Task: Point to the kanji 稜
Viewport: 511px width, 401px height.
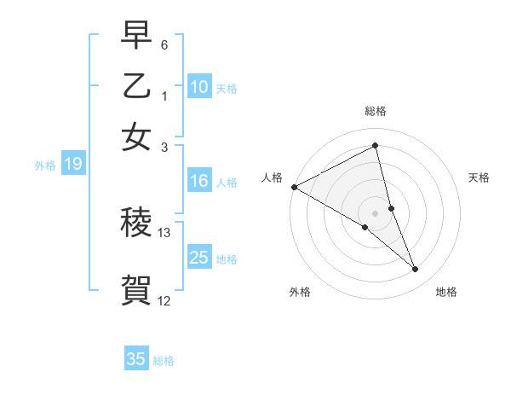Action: pos(136,224)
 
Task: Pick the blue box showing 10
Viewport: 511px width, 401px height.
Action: pos(199,87)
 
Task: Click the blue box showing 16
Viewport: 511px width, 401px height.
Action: pos(199,181)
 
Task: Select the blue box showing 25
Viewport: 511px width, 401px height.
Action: pos(199,258)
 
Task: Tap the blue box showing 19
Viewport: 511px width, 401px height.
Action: pos(73,165)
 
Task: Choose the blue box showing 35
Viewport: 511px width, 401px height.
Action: pos(136,359)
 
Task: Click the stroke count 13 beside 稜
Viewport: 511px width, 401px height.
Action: pos(164,232)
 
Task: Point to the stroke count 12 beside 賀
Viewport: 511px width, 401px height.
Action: pos(164,300)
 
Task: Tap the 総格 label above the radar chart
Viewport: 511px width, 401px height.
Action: pos(376,111)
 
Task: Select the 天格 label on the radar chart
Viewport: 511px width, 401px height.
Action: pos(479,177)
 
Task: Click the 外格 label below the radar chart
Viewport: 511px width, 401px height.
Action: pos(300,292)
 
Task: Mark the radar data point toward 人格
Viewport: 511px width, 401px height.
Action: pos(294,187)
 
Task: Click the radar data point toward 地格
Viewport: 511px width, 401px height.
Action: pos(416,270)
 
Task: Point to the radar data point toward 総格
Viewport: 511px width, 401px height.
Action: pos(376,146)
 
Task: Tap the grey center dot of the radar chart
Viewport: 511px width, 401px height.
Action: pos(376,212)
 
